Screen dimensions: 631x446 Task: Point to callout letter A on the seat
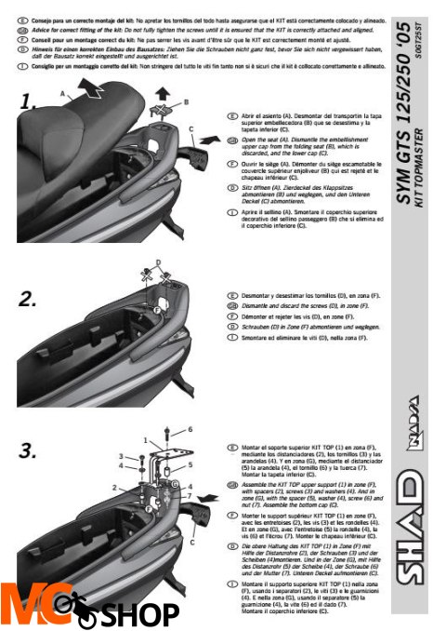click(62, 94)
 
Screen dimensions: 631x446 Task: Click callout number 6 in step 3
click(190, 429)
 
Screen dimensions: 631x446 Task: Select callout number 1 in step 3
click(146, 437)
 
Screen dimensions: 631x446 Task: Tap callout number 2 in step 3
click(113, 487)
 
